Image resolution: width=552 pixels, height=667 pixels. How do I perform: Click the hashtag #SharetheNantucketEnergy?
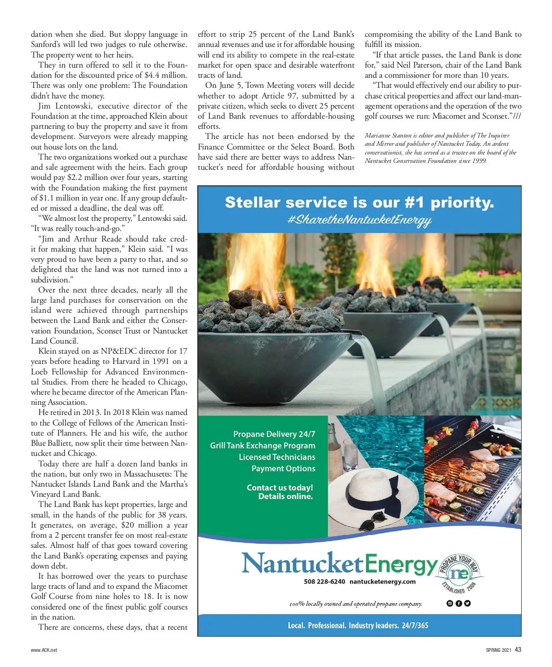pyautogui.click(x=359, y=220)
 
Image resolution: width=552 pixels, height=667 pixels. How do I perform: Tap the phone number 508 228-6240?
pyautogui.click(x=324, y=581)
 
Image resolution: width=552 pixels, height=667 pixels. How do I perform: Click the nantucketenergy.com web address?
pyautogui.click(x=382, y=581)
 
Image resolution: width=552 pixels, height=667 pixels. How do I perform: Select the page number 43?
pyautogui.click(x=518, y=650)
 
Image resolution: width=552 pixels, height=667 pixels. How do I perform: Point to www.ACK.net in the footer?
pyautogui.click(x=44, y=650)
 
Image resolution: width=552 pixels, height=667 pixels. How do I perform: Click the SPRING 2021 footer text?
pyautogui.click(x=499, y=650)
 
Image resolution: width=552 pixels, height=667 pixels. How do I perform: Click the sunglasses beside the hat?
pyautogui.click(x=370, y=524)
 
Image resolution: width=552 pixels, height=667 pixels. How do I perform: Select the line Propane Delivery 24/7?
pyautogui.click(x=274, y=434)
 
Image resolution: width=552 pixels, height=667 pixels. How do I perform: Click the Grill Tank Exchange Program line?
pyautogui.click(x=263, y=445)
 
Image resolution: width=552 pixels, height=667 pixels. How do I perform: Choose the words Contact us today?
pyautogui.click(x=280, y=488)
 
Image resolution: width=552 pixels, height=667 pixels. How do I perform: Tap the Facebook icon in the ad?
pyautogui.click(x=459, y=604)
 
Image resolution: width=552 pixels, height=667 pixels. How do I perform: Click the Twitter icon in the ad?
pyautogui.click(x=467, y=604)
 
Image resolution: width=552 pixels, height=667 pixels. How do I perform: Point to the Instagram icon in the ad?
pyautogui.click(x=450, y=604)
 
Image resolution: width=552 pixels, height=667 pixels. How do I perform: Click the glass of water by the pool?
pyautogui.click(x=351, y=453)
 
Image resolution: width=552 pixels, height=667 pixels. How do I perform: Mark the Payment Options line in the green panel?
pyautogui.click(x=283, y=468)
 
